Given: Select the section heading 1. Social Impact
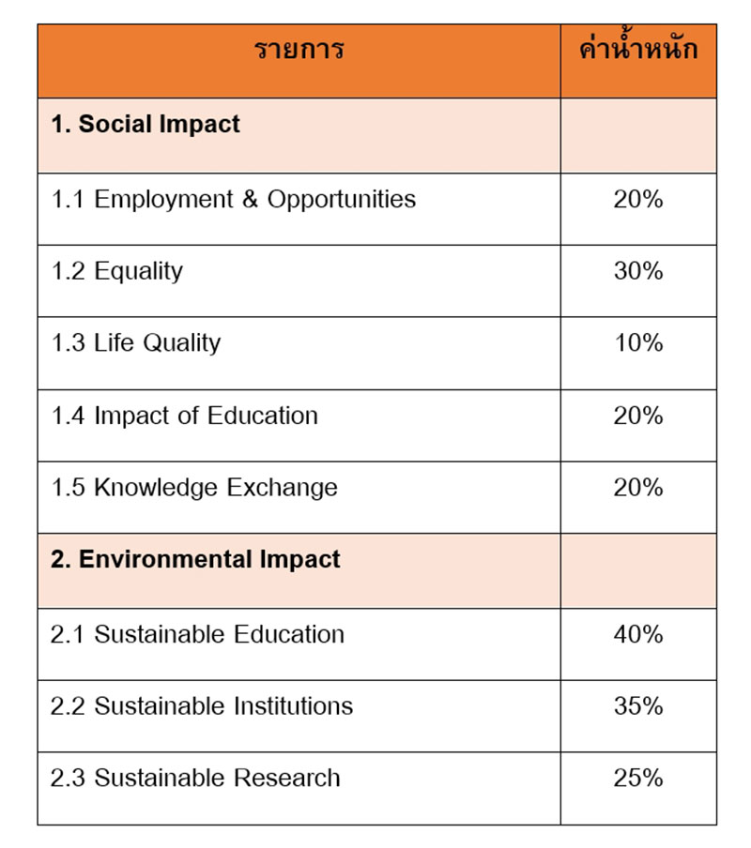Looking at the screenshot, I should coord(146,124).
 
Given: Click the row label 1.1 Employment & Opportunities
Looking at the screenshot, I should coord(233,199).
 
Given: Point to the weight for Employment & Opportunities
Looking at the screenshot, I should coord(638,199).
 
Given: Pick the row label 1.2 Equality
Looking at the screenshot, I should coord(116,271).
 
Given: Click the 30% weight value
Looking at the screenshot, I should coord(638,271).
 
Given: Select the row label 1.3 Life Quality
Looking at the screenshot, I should coord(135,343).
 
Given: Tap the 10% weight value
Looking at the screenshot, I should coord(638,343).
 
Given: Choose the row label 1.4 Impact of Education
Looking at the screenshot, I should coord(184,416).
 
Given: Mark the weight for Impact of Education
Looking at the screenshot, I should coord(638,416).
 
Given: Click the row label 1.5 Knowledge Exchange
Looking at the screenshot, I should coord(193,488).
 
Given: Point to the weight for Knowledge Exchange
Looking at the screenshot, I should coord(638,488).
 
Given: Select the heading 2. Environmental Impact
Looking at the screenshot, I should coord(195,560).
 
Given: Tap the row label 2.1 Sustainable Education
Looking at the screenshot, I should coord(197,634).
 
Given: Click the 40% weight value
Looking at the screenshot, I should coord(638,634).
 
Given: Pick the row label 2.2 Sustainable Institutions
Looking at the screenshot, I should coord(202,705).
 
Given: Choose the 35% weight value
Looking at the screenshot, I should coord(638,705).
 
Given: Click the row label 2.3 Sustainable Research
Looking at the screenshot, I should coord(195,778).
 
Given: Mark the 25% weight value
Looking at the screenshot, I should coord(638,778).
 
